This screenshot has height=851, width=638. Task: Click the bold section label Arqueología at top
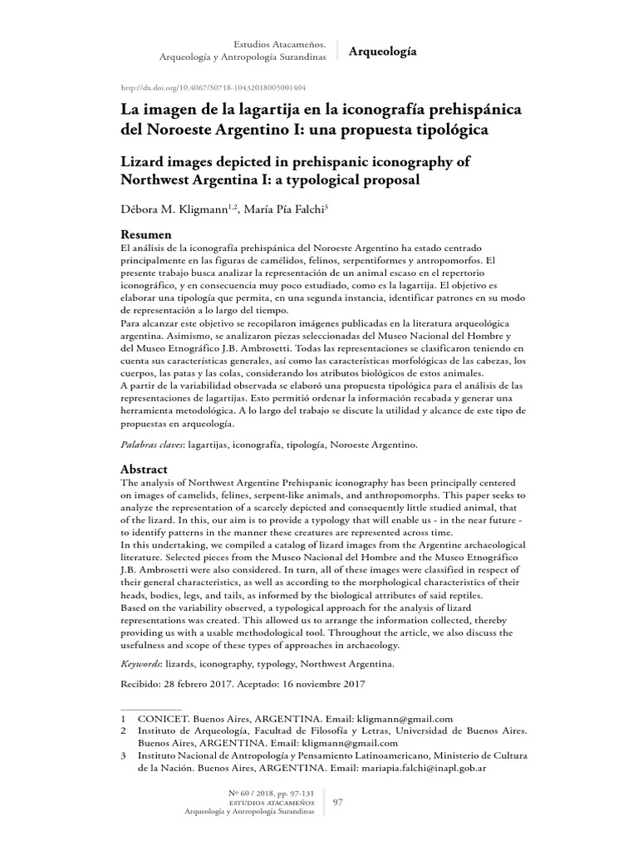382,52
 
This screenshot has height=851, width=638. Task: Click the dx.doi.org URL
213,87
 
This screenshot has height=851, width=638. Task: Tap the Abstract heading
145,470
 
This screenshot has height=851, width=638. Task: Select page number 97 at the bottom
338,802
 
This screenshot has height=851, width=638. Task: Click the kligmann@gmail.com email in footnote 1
404,718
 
